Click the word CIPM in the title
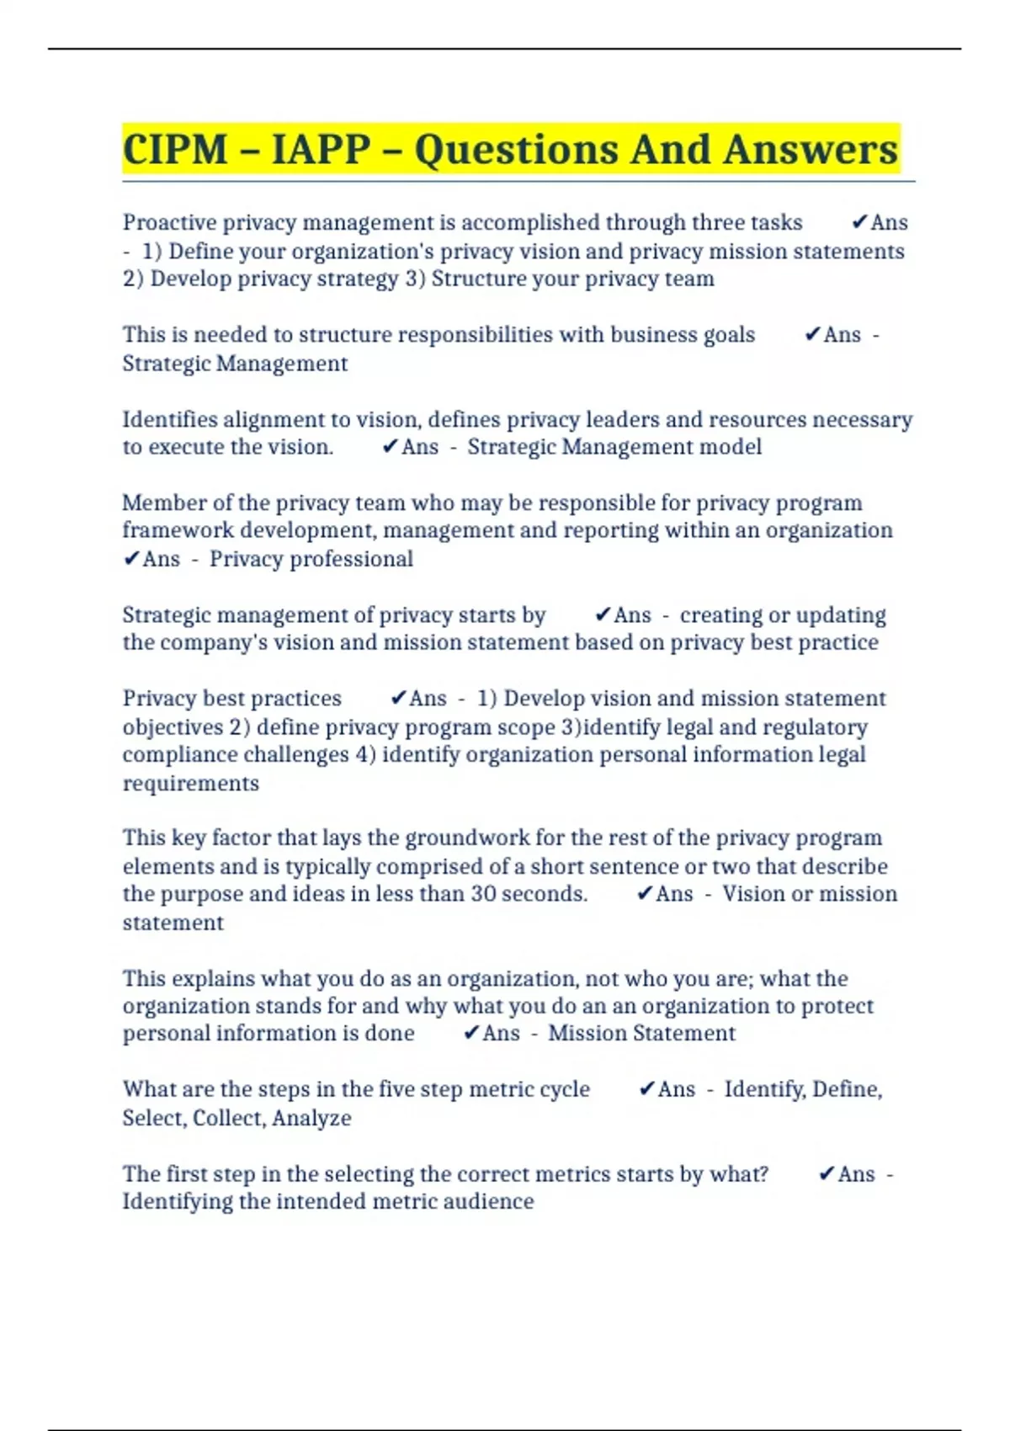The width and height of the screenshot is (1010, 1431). tap(175, 150)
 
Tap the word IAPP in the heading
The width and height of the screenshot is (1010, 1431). tap(321, 150)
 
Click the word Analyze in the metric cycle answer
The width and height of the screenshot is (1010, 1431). tap(311, 1118)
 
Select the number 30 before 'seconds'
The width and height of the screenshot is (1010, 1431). tap(484, 894)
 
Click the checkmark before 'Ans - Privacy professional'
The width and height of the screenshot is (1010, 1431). tap(131, 559)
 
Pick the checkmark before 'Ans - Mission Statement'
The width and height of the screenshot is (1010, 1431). tap(471, 1033)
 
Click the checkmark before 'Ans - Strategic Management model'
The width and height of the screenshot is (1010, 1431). tap(390, 447)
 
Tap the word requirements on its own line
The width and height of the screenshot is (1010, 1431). tap(191, 784)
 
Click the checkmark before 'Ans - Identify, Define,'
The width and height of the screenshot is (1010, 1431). tap(646, 1089)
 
